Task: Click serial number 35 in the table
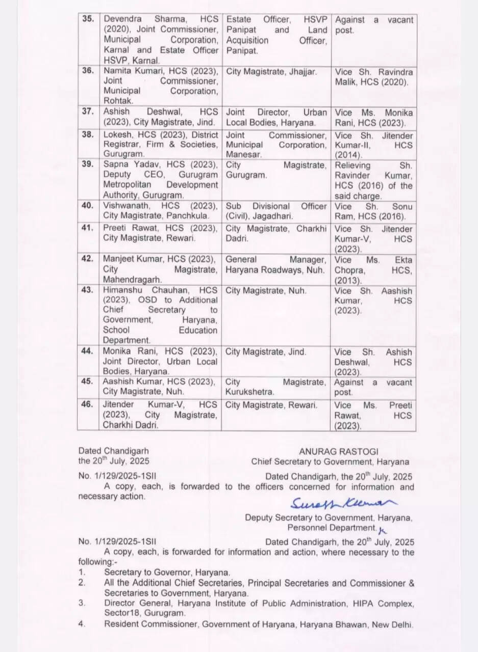point(88,20)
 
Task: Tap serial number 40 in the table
point(88,206)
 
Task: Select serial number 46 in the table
point(88,404)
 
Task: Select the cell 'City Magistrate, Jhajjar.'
point(271,72)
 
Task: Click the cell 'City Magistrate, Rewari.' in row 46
point(271,405)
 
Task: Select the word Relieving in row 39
point(352,166)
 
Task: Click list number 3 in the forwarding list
point(82,603)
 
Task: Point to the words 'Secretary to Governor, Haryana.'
point(167,573)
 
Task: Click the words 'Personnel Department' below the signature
point(331,528)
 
